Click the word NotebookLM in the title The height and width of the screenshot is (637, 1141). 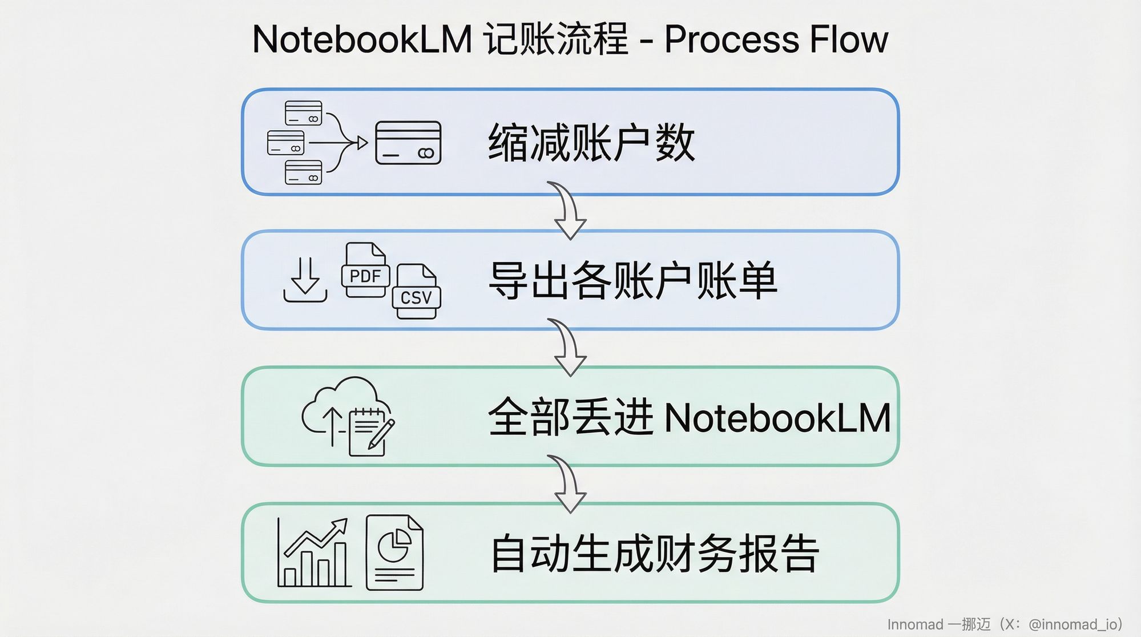click(362, 39)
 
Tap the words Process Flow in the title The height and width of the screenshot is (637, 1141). click(776, 39)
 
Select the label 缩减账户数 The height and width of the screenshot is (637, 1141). click(591, 143)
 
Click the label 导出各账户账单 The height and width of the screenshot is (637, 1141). click(633, 280)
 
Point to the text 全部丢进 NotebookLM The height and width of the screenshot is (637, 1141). click(689, 417)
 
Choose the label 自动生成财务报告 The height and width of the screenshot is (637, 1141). click(655, 553)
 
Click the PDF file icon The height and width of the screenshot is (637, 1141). click(365, 271)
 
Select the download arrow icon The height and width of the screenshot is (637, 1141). click(305, 280)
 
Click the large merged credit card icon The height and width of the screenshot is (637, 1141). click(408, 143)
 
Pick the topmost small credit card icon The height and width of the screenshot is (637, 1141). click(303, 113)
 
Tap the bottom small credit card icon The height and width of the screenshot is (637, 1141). click(303, 172)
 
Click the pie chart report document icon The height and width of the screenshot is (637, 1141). click(394, 552)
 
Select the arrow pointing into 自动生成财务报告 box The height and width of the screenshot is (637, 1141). click(567, 484)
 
